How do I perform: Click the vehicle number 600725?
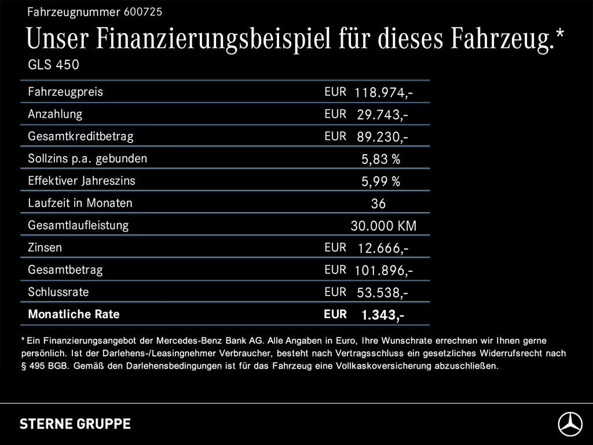(x=142, y=12)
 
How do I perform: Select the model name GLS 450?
(x=53, y=65)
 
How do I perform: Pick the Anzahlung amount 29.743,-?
(x=383, y=115)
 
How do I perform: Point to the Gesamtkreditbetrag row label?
(x=80, y=137)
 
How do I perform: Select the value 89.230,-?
(x=383, y=137)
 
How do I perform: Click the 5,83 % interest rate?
(x=380, y=159)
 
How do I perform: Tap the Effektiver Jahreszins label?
(x=81, y=181)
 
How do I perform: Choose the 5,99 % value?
(x=380, y=182)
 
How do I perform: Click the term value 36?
(x=378, y=204)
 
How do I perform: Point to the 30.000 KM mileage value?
(x=383, y=226)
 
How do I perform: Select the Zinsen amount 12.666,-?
(x=383, y=249)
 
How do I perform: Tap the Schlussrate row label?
(x=58, y=292)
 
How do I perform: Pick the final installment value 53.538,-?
(x=383, y=293)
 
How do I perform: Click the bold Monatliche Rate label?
(x=74, y=315)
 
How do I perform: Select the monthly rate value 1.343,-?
(x=383, y=315)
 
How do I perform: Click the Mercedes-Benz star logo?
(x=570, y=424)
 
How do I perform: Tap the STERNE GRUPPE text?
(x=75, y=424)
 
